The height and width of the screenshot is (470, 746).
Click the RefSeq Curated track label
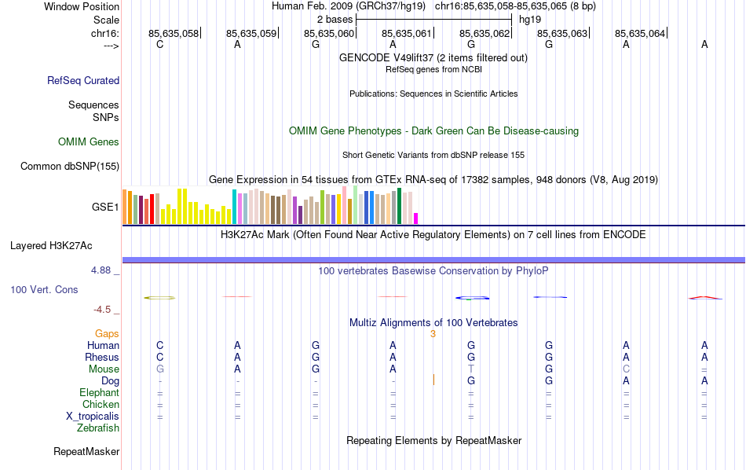(83, 80)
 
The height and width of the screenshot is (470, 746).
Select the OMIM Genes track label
(88, 141)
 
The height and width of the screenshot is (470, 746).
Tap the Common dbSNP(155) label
(70, 166)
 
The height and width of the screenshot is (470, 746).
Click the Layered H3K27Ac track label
(64, 245)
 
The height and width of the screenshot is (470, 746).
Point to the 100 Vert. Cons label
(44, 289)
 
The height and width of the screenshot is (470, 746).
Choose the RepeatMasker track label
(86, 452)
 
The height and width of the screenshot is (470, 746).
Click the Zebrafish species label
(98, 428)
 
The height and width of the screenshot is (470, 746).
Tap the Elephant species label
(99, 393)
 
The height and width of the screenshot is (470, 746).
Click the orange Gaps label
(107, 333)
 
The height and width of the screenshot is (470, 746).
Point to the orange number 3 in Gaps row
(433, 333)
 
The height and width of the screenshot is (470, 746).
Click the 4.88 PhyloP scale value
(104, 270)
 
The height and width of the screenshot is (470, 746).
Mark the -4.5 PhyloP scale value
(106, 310)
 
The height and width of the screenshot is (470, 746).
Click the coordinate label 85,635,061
(406, 33)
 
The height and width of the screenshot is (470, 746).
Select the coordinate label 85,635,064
(640, 33)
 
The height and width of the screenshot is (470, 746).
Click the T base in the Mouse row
(471, 369)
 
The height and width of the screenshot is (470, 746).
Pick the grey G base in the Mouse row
(160, 369)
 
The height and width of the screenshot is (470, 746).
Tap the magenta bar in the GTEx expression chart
(416, 218)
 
